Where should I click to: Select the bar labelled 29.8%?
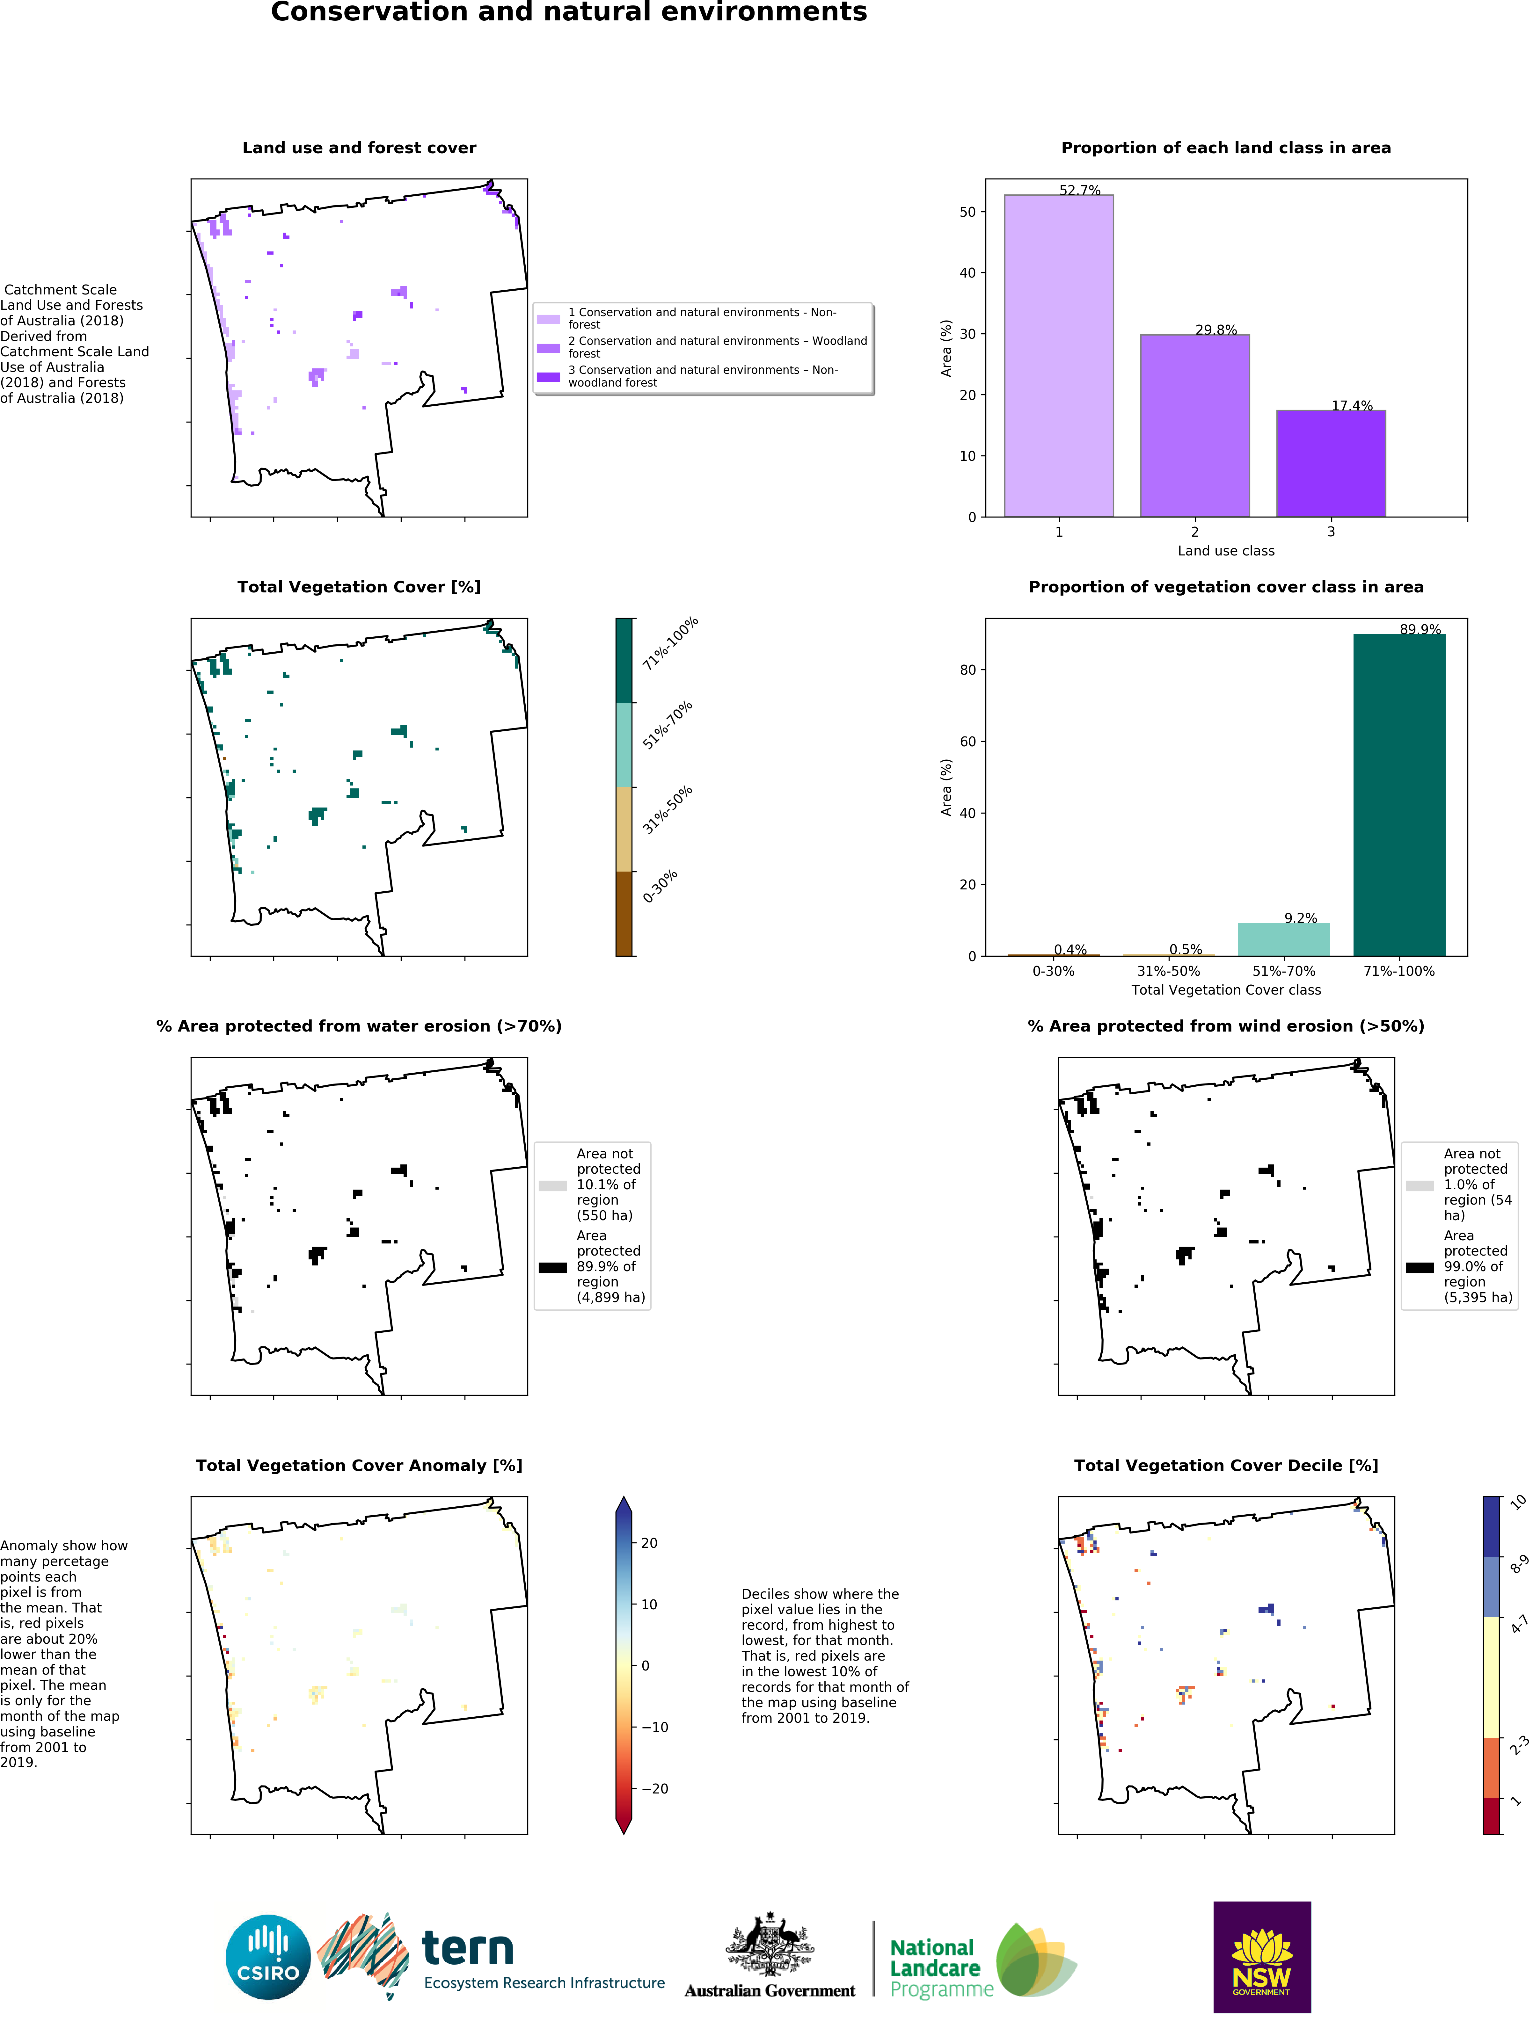click(1194, 425)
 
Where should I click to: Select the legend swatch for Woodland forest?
click(548, 348)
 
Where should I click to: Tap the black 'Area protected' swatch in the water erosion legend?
click(552, 1267)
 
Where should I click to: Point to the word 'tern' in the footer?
click(468, 1949)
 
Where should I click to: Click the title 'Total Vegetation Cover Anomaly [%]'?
click(359, 1465)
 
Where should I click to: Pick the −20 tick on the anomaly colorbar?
click(655, 1788)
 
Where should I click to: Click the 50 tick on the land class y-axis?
click(967, 212)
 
